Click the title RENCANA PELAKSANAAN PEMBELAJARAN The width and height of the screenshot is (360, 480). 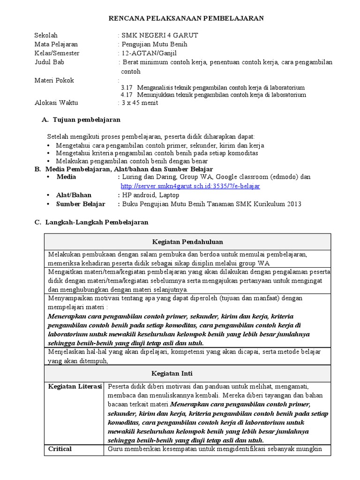[x=187, y=18]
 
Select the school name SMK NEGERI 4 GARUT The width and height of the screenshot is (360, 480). [x=159, y=36]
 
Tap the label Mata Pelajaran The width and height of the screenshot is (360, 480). [x=56, y=45]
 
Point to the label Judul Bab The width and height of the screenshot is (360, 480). [x=49, y=62]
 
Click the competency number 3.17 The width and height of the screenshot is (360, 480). [x=127, y=88]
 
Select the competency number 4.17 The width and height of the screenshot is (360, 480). [x=127, y=95]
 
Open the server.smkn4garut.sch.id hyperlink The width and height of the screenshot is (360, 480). [x=190, y=186]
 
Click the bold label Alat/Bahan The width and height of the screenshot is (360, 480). [x=74, y=195]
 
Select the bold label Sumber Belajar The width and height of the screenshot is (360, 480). [x=81, y=204]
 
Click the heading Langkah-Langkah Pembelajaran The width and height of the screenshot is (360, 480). [x=97, y=222]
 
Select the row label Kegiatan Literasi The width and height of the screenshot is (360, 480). [x=75, y=387]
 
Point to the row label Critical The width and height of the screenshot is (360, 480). [x=60, y=449]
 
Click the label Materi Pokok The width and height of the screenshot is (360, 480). [x=54, y=80]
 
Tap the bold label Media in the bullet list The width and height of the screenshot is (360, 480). [x=66, y=177]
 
